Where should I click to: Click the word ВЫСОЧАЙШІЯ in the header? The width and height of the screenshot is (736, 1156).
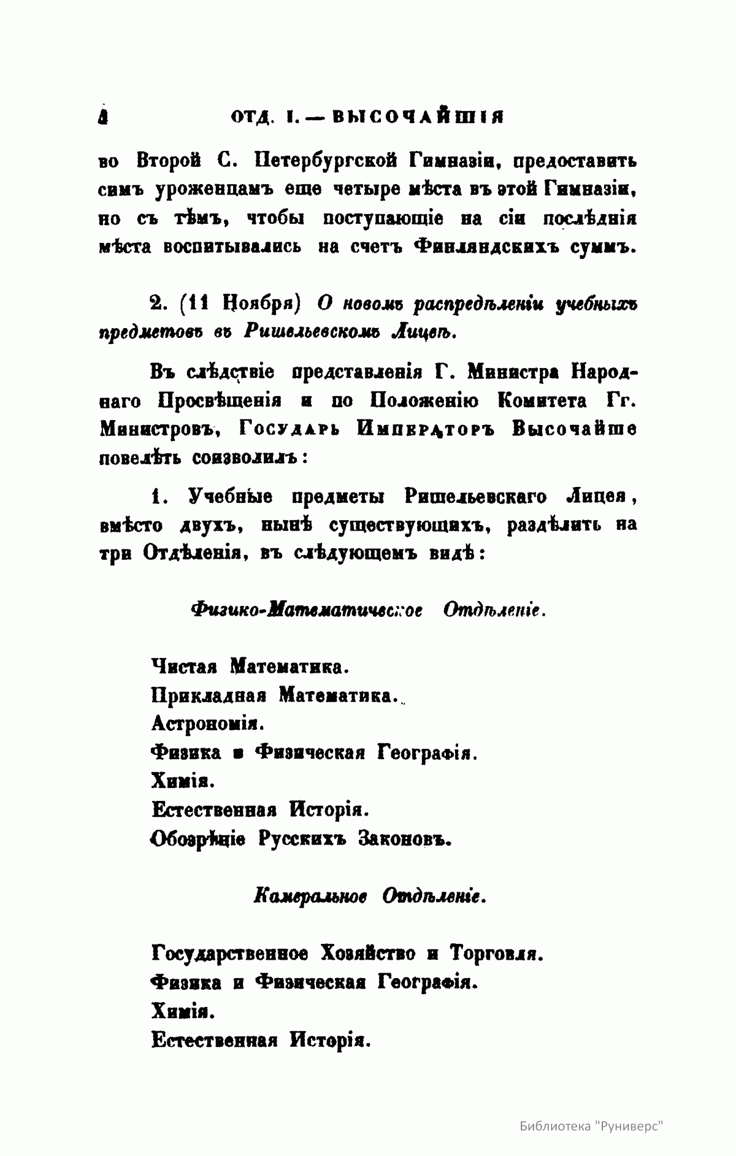416,117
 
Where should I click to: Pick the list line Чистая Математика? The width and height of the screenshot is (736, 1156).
250,665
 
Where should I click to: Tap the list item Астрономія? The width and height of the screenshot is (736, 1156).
207,724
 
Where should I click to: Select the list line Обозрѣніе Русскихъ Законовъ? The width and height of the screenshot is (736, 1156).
301,838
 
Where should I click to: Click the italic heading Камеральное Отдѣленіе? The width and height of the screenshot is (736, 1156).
369,897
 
